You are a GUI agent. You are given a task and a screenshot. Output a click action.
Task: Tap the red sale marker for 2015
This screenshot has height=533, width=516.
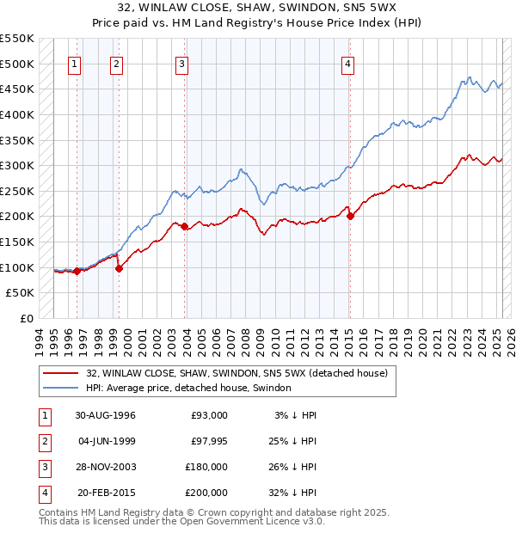[x=350, y=216]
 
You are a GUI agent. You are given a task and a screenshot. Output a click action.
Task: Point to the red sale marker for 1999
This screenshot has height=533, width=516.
[x=119, y=268]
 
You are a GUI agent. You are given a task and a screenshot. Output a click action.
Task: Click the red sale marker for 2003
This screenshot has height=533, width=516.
[x=185, y=227]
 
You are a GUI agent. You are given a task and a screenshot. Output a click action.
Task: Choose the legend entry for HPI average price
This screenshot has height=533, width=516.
[x=188, y=388]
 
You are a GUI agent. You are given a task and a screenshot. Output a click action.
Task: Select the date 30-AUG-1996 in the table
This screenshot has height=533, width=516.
[x=105, y=415]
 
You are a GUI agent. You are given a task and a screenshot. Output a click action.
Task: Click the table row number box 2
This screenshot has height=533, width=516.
[x=43, y=441]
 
